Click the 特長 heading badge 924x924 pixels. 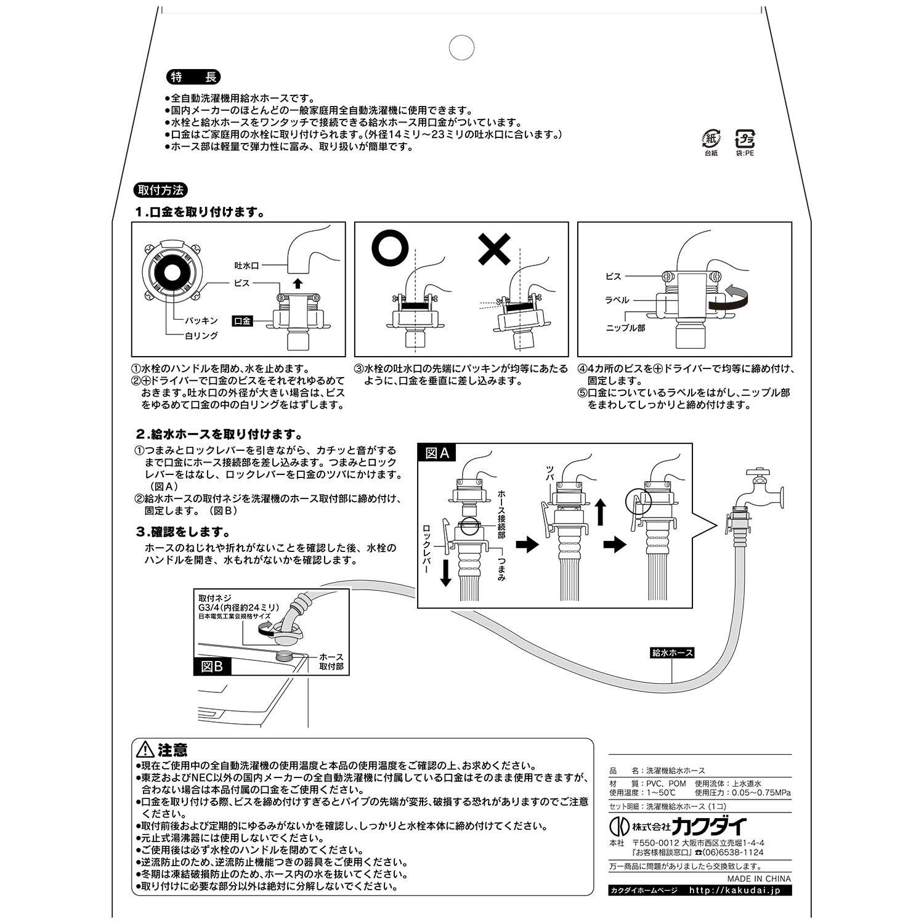coord(193,78)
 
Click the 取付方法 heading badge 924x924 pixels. coord(160,190)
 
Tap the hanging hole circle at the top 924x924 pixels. coord(461,47)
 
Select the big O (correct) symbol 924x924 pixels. coord(391,249)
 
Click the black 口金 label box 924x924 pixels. coord(242,321)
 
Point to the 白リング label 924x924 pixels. coord(201,336)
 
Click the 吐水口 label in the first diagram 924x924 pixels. coord(246,265)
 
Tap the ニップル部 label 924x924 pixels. coord(625,328)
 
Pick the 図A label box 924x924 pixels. coord(437,453)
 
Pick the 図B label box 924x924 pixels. coord(213,666)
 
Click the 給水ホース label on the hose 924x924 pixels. coord(672,652)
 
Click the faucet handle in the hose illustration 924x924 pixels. coord(757,472)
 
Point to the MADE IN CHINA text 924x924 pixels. coord(759,879)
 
